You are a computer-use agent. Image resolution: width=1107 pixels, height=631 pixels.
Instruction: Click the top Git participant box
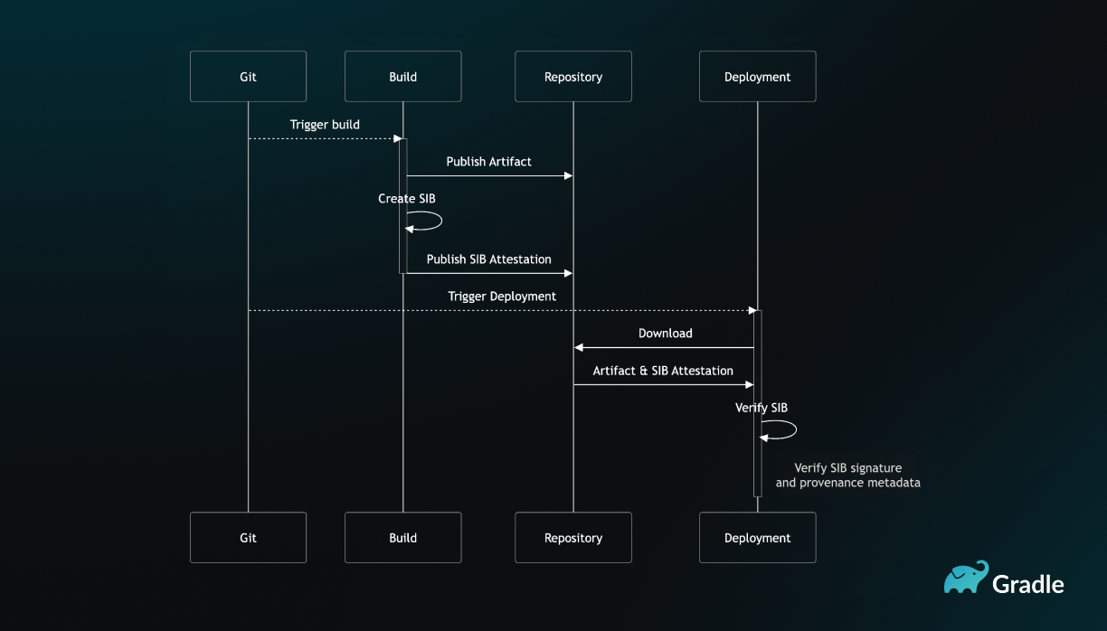pos(248,77)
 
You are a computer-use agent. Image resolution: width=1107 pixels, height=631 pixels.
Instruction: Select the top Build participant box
pos(402,77)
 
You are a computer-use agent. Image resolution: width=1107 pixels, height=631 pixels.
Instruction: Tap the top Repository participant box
pos(573,77)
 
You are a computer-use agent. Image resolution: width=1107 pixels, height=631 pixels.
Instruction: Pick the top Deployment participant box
pos(758,77)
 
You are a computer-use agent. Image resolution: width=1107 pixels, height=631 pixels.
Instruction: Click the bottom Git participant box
pos(248,538)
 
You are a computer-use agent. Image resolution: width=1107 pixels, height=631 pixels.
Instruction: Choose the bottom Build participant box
pos(402,538)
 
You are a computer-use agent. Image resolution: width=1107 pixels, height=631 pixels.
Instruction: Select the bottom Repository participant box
pos(573,538)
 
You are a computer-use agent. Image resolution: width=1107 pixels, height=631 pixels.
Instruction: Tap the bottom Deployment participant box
pos(758,538)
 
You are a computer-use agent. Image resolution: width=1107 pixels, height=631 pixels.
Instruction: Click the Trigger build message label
pos(325,125)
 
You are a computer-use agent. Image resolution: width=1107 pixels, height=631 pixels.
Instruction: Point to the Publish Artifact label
pos(488,162)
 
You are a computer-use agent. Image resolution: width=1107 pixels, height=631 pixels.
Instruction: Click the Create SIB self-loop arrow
pos(441,221)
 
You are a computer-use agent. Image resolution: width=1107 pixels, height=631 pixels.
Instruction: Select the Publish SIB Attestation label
pos(488,259)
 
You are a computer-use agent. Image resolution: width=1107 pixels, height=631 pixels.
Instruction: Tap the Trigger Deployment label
pos(502,297)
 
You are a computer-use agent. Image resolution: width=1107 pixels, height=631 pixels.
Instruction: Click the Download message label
pos(665,334)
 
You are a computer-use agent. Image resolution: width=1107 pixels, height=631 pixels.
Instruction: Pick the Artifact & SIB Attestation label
pos(663,371)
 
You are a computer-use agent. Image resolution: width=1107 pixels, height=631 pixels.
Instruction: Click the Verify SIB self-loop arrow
pos(796,429)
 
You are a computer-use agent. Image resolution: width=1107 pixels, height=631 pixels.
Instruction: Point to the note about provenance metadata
pos(847,475)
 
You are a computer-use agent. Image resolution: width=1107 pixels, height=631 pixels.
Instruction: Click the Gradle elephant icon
pos(966,577)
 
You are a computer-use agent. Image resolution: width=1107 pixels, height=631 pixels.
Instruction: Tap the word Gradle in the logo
pos(1028,584)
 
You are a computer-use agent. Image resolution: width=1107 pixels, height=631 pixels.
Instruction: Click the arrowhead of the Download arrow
pos(578,348)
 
